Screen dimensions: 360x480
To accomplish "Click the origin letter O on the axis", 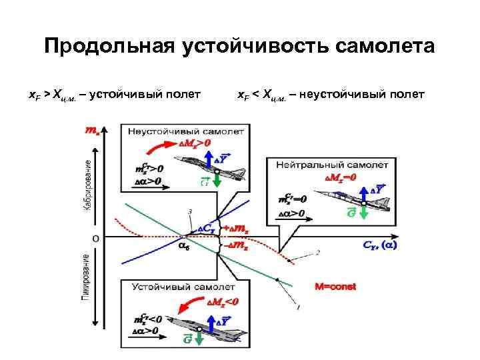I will (97, 237).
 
